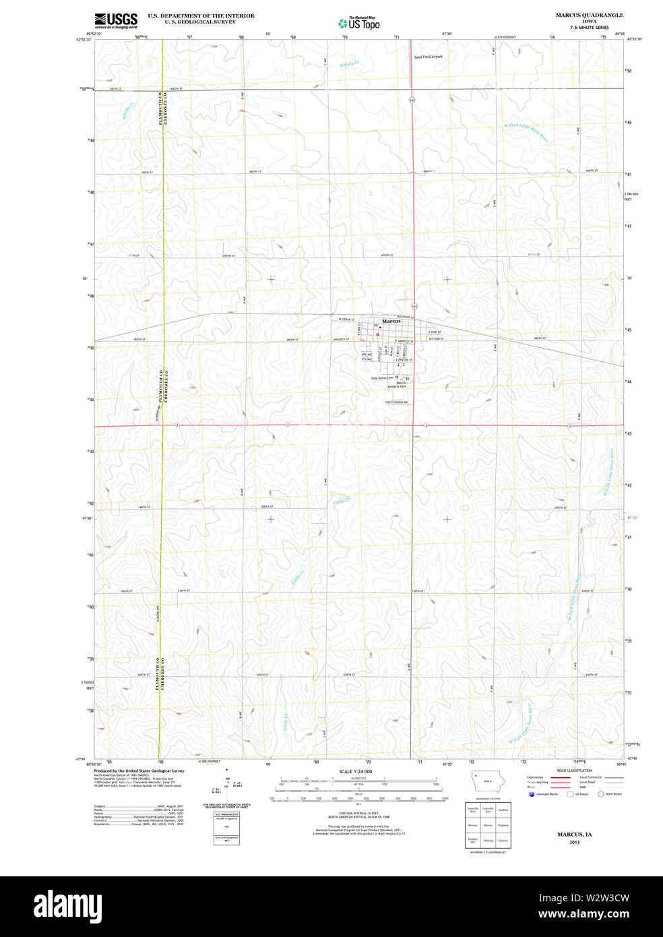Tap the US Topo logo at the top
pyautogui.click(x=358, y=23)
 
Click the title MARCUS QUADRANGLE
pyautogui.click(x=589, y=15)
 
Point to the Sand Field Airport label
pyautogui.click(x=429, y=57)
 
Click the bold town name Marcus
pyautogui.click(x=391, y=321)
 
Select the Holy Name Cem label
pyautogui.click(x=381, y=378)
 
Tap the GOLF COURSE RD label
pyautogui.click(x=396, y=402)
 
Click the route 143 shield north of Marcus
pyautogui.click(x=411, y=100)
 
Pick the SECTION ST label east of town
pyautogui.click(x=435, y=338)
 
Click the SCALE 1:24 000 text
pyautogui.click(x=355, y=771)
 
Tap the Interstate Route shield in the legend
pyautogui.click(x=532, y=794)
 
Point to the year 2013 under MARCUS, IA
pyautogui.click(x=574, y=842)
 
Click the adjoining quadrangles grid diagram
pyautogui.click(x=488, y=825)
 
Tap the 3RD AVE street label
pyautogui.click(x=367, y=355)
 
